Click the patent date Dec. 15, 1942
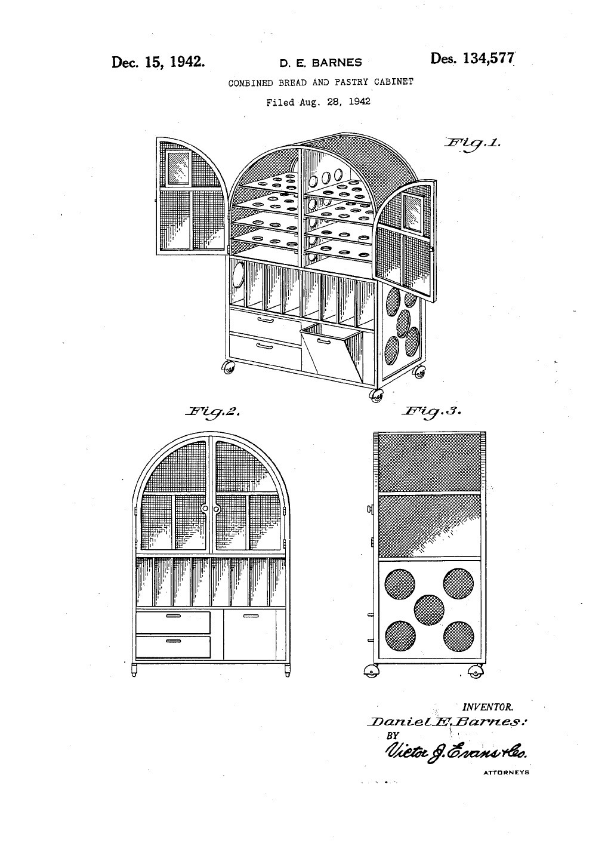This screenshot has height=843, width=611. coord(158,61)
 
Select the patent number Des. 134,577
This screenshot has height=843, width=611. coord(472,59)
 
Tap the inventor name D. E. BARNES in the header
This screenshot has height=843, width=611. coord(320,63)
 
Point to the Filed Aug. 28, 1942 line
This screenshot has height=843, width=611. coord(318,101)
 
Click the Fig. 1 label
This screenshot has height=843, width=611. coord(473,143)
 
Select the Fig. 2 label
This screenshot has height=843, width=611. coord(212,411)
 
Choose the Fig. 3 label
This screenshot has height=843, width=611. coord(431,411)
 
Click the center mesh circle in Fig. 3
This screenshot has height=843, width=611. coord(429,610)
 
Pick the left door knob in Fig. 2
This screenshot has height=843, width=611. coord(205,509)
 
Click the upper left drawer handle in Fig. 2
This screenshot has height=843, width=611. coord(173,616)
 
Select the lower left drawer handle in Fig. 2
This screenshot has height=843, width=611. coord(173,641)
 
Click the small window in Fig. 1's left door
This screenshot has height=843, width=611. coord(178,168)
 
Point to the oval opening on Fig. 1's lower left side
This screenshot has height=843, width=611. coord(239,275)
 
